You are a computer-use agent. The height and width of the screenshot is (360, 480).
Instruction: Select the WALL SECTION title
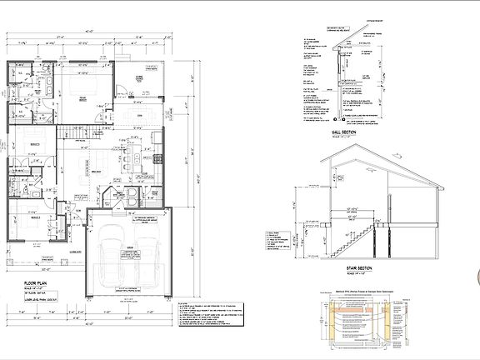[344, 132]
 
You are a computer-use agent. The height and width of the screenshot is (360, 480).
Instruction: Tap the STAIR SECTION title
[345, 267]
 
